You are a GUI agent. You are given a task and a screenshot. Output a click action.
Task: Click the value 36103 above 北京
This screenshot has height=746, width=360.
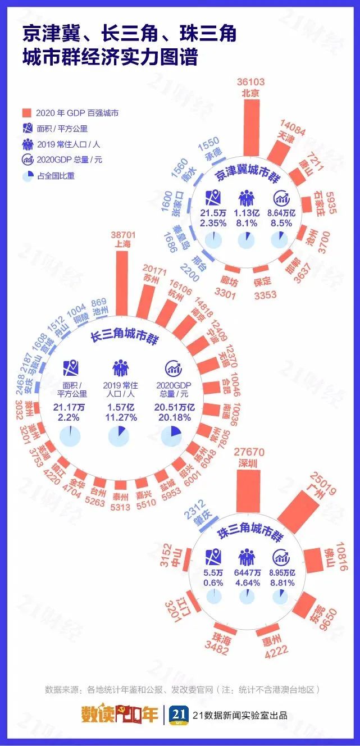[x=251, y=82]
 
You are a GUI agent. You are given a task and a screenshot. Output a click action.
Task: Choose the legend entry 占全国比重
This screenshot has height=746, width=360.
[x=55, y=175]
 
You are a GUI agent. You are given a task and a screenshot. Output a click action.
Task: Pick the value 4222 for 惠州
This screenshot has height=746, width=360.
[x=272, y=650]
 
